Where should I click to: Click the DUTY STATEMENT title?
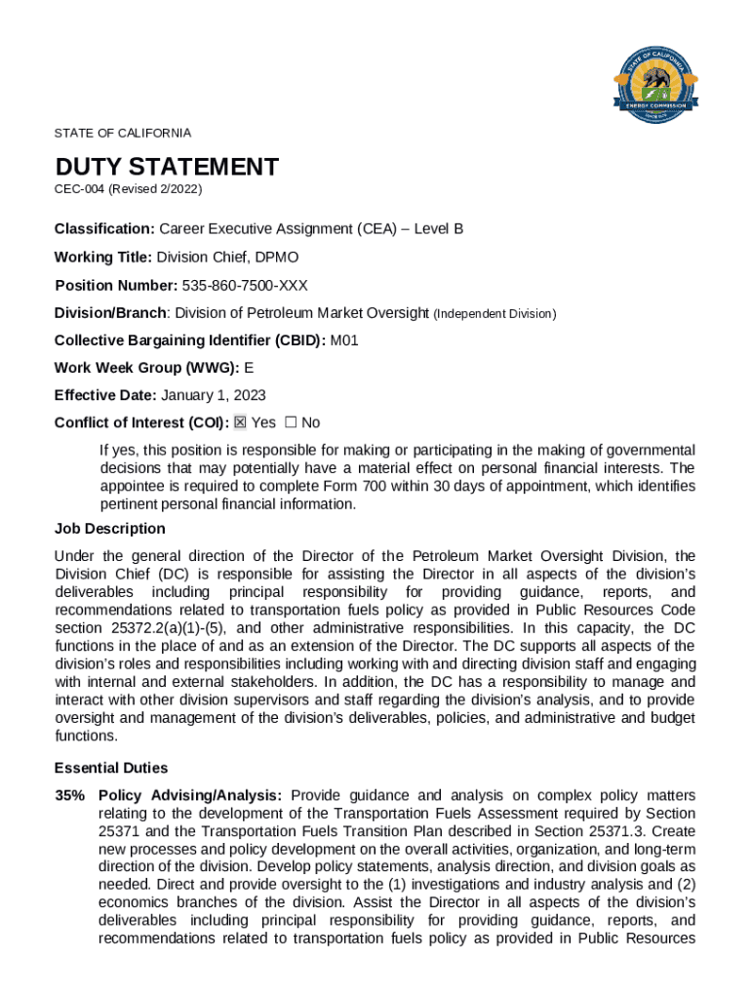point(167,167)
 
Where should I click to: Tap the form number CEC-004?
point(79,188)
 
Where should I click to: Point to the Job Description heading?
point(110,529)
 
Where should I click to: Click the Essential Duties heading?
point(111,768)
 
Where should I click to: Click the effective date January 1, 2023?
point(213,395)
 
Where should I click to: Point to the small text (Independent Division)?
point(494,314)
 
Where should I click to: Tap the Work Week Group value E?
point(249,368)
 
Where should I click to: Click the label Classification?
point(104,228)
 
